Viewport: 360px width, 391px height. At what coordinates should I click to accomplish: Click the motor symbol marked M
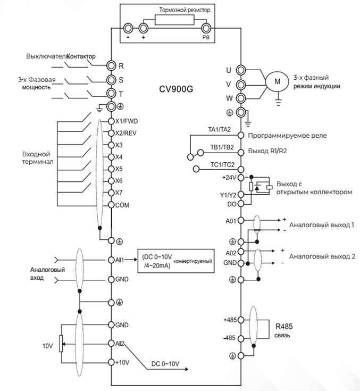pyautogui.click(x=277, y=81)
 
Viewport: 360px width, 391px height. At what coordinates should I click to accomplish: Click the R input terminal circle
pyautogui.click(x=111, y=65)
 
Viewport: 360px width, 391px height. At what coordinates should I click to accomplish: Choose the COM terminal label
pyautogui.click(x=122, y=205)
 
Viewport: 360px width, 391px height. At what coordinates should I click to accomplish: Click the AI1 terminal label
pyautogui.click(x=120, y=260)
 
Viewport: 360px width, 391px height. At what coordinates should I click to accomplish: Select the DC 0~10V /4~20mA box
pyautogui.click(x=176, y=261)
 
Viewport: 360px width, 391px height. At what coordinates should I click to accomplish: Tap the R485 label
pyautogui.click(x=284, y=326)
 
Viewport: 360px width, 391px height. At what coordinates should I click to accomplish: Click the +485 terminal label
pyautogui.click(x=232, y=320)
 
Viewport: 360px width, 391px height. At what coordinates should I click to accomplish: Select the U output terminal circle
pyautogui.click(x=241, y=70)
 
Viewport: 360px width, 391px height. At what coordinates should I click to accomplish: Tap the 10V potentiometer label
pyautogui.click(x=48, y=346)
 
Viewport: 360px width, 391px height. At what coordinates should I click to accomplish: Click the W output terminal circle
pyautogui.click(x=241, y=98)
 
